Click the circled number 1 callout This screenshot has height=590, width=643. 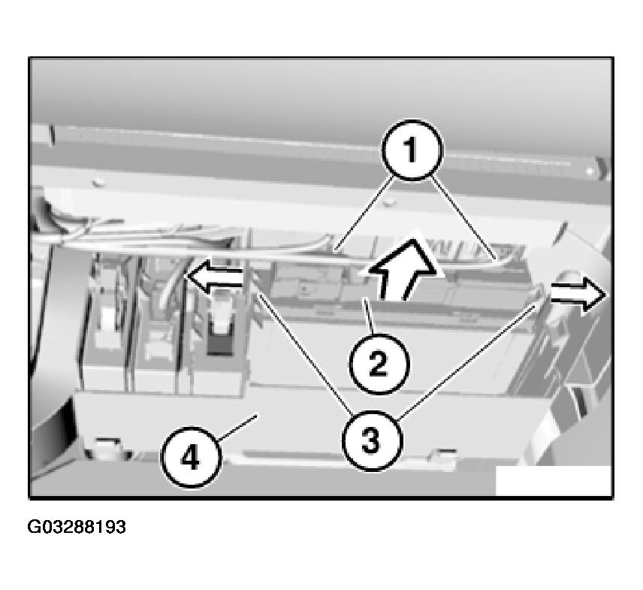point(412,150)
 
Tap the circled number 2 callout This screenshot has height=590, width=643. point(379,365)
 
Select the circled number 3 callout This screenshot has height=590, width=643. point(373,440)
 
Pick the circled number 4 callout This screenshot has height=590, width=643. point(190,458)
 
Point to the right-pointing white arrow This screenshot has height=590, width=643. point(578,295)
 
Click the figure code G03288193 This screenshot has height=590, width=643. point(77,527)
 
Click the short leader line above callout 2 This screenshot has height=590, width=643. point(368,316)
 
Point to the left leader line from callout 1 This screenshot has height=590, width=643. point(364,214)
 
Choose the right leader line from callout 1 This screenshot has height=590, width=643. point(464,218)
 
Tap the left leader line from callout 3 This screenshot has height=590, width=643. point(303,352)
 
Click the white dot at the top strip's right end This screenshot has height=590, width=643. point(590,170)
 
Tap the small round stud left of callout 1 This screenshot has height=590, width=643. point(388,201)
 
